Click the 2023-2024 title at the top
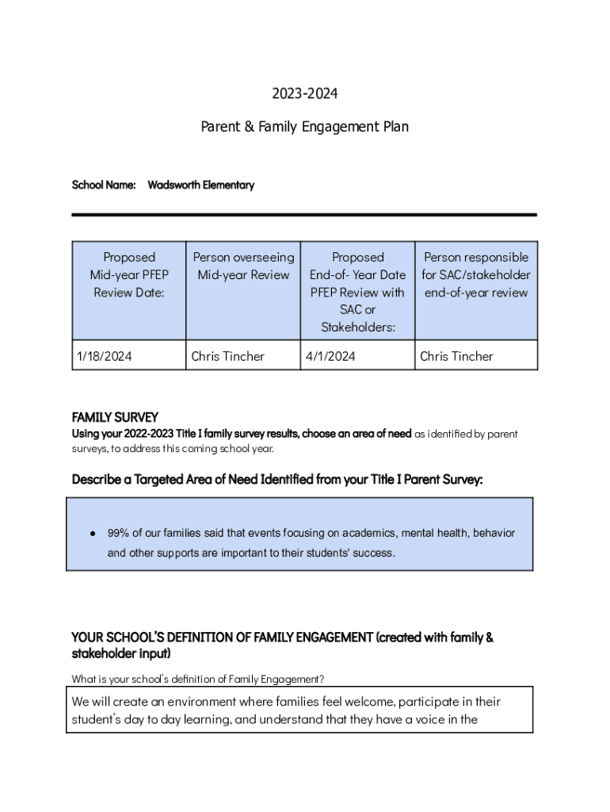tap(305, 94)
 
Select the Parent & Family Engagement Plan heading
tap(305, 126)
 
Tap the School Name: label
tap(104, 185)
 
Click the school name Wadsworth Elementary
tap(201, 185)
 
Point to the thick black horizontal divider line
tap(304, 214)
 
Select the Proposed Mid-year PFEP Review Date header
tap(129, 274)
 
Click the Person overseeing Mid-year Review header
tap(243, 266)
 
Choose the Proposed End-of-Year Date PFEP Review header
tap(357, 291)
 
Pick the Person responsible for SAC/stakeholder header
tap(476, 274)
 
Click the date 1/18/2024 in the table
tap(105, 356)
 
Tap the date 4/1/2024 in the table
tap(330, 356)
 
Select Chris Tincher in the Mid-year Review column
tap(228, 356)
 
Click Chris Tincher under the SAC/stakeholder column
tap(456, 356)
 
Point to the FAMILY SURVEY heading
tap(115, 417)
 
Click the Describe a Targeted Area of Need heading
tap(276, 480)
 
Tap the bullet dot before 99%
tap(93, 534)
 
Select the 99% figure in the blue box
tap(118, 533)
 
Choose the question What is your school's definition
tap(197, 679)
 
